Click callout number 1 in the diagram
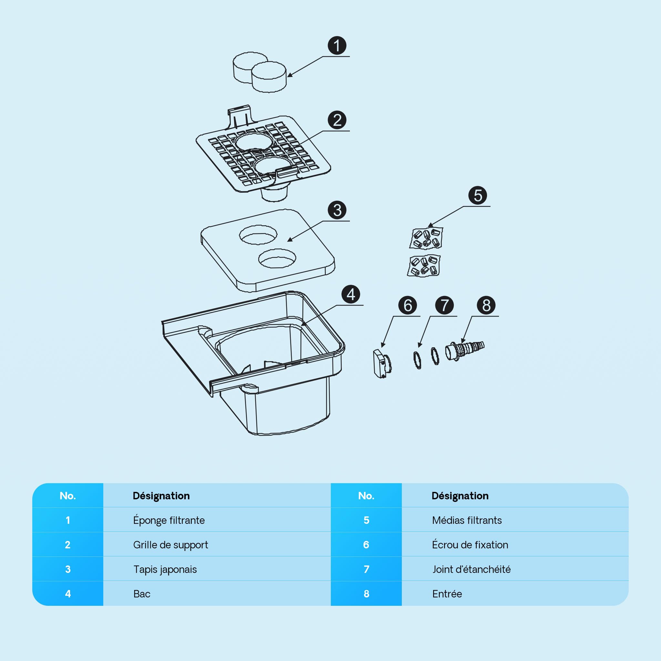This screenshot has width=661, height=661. click(x=337, y=46)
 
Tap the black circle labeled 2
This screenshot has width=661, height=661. click(x=337, y=120)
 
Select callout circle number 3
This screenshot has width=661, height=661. click(x=337, y=210)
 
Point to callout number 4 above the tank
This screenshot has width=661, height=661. click(x=351, y=294)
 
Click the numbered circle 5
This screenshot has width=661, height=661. click(x=478, y=196)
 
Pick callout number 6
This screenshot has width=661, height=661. click(x=408, y=305)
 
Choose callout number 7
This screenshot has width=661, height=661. click(x=444, y=305)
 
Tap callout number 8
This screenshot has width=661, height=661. click(x=486, y=305)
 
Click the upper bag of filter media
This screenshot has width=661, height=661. click(x=426, y=238)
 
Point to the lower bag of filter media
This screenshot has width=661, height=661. click(x=424, y=266)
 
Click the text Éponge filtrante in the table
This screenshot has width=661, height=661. click(x=169, y=521)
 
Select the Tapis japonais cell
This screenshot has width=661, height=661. click(x=165, y=570)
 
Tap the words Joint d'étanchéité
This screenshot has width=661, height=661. click(x=472, y=569)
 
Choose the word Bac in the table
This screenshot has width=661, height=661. click(x=142, y=594)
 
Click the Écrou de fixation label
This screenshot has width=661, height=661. click(x=470, y=545)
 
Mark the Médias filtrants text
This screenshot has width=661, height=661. click(x=467, y=520)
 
